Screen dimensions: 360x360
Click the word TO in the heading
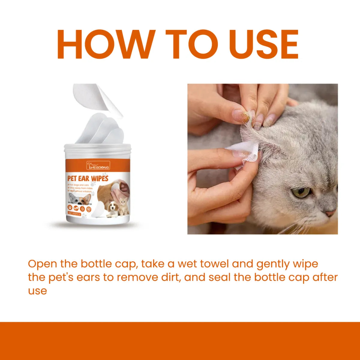tap(191, 44)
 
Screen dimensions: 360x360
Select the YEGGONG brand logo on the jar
tap(98, 165)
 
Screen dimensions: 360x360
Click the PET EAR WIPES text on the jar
tap(88, 178)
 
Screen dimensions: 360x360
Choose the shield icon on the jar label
tap(88, 208)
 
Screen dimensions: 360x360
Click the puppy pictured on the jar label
tap(113, 209)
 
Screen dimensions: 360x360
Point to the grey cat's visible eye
tap(301, 192)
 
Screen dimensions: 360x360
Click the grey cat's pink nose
tap(331, 213)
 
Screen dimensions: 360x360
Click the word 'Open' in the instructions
tap(42, 264)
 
